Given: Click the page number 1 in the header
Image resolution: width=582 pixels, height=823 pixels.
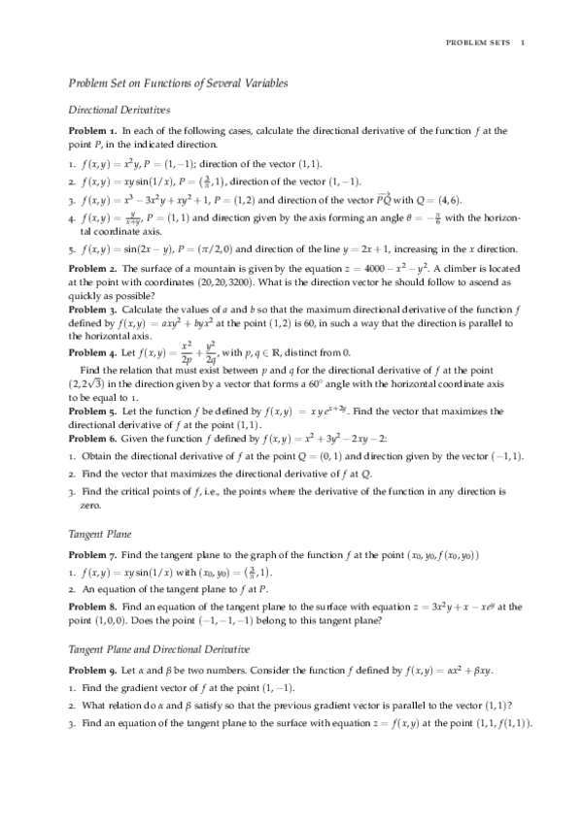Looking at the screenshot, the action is [523, 42].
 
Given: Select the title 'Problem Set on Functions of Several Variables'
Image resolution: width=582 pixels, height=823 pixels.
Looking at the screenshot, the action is [178, 84].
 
